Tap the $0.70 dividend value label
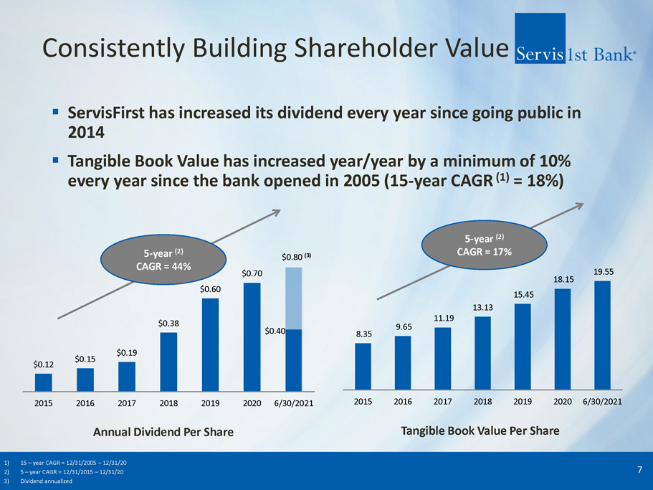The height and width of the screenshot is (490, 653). point(252,273)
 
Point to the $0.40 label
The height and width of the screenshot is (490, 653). point(275,331)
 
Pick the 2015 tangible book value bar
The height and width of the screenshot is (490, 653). point(363,364)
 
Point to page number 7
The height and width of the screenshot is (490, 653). point(639,469)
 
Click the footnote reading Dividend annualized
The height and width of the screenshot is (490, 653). point(47,481)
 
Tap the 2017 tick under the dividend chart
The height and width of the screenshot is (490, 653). point(127,405)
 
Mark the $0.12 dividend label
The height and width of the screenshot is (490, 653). point(44,364)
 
